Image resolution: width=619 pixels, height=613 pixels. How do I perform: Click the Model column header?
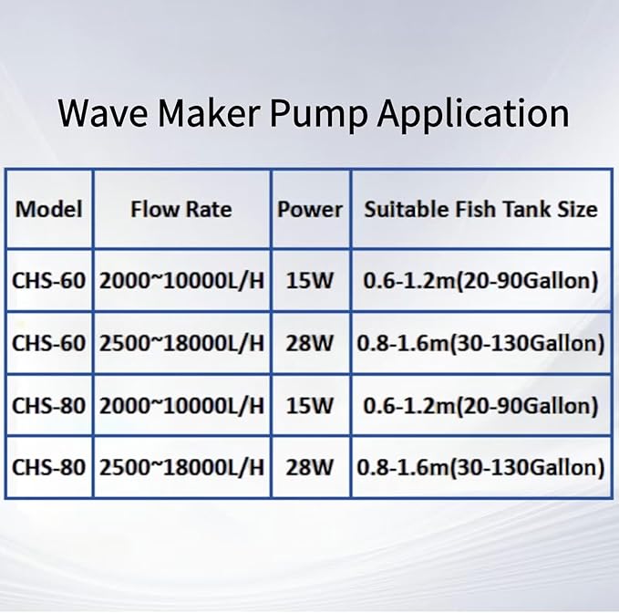49,209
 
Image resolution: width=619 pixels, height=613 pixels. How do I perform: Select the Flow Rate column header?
181,209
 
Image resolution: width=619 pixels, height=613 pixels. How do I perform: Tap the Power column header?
310,209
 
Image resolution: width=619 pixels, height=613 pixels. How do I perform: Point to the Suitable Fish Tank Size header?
480,209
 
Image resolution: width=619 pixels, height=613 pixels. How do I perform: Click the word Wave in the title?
102,113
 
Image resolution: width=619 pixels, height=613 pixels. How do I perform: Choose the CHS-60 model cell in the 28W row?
49,343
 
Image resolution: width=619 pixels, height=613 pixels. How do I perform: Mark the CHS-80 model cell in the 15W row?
49,406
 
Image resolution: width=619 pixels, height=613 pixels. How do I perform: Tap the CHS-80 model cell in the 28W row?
49,468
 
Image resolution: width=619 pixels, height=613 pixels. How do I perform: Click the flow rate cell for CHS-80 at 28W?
181,468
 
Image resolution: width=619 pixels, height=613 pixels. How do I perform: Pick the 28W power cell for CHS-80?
310,468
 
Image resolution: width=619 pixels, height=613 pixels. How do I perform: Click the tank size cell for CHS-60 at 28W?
480,343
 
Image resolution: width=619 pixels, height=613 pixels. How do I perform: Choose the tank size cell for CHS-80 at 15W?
480,406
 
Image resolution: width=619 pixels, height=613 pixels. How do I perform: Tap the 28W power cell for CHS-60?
310,343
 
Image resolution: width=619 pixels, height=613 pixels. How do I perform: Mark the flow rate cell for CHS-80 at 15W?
181,406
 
